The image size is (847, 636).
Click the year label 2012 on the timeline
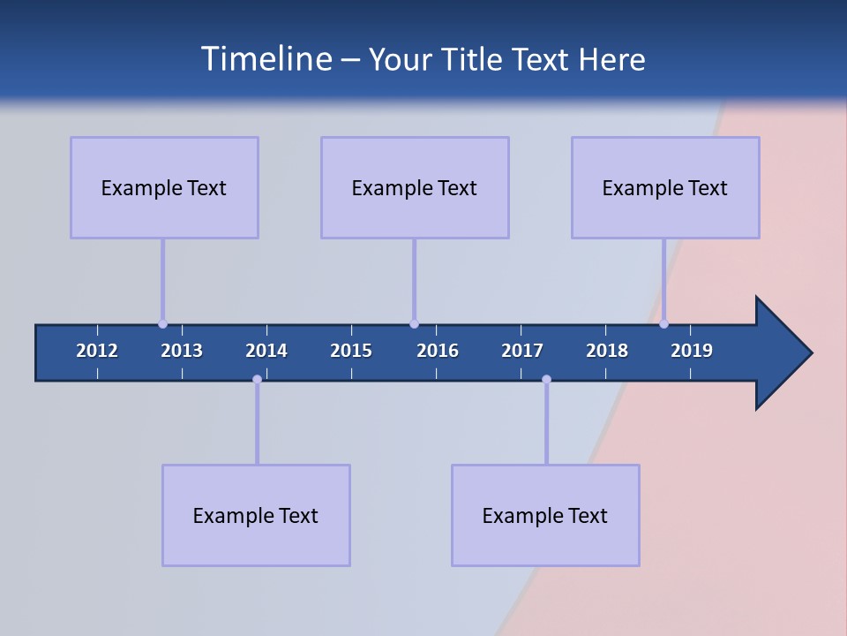pos(97,351)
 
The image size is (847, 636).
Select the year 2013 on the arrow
pos(182,351)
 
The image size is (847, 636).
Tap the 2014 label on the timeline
pos(266,351)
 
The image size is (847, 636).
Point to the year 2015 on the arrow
pos(351,351)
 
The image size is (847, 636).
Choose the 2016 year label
pos(438,351)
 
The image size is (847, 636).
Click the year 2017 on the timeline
pos(522,351)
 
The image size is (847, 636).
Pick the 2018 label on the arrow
pos(607,351)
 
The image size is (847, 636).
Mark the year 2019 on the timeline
pos(692,351)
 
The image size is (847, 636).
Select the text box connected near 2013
pos(164,187)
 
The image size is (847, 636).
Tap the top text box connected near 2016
pos(415,187)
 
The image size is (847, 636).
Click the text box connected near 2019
pos(665,187)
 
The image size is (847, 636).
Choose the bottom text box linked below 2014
pos(256,515)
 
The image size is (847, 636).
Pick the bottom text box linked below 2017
pos(545,515)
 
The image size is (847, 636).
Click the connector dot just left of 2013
pos(162,323)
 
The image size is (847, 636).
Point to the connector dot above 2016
pos(414,323)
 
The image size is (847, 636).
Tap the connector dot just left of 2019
pos(663,323)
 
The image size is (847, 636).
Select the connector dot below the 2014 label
pos(257,379)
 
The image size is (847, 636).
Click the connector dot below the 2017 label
pos(546,379)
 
